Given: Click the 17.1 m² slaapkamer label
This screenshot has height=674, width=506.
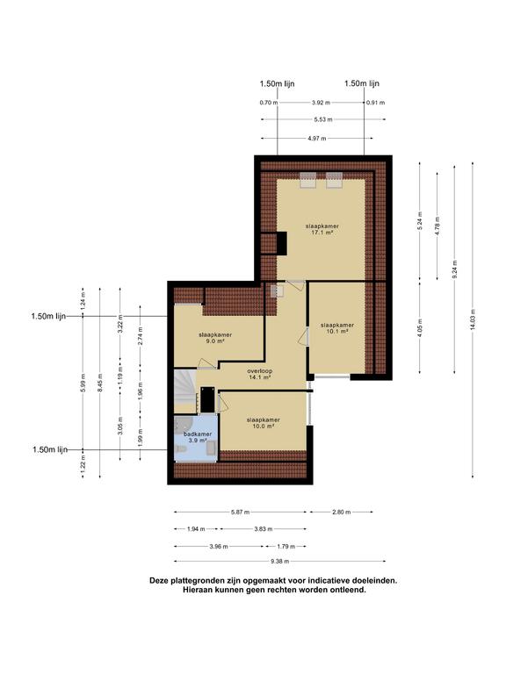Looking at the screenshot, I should click(322, 229).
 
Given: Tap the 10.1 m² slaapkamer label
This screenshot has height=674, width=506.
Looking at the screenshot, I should click(336, 328).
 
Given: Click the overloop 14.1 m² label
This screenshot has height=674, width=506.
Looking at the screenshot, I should click(260, 374).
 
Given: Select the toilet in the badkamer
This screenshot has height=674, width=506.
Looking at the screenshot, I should click(180, 449).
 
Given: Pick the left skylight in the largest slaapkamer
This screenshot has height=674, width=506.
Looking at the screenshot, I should click(307, 180).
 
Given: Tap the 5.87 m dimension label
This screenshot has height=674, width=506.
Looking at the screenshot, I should click(240, 513).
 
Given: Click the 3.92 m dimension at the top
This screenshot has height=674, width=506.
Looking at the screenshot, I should click(321, 103).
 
